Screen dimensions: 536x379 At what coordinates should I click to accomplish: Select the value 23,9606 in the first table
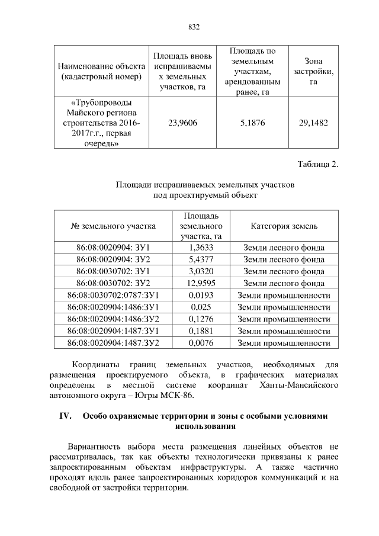click(182, 123)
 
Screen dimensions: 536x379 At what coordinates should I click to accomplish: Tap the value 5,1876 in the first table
click(252, 123)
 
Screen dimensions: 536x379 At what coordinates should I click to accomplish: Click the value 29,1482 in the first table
click(313, 123)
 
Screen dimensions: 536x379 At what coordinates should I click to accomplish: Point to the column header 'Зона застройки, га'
click(313, 71)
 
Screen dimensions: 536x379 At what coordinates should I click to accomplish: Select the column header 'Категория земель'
click(284, 226)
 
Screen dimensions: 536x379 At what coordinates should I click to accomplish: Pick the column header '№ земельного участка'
click(113, 226)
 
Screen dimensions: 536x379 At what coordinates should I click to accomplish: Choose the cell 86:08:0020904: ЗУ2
click(113, 259)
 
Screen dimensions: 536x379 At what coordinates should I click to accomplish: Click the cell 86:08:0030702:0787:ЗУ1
click(113, 295)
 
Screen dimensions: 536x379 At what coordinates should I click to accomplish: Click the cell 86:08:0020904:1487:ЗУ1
click(113, 330)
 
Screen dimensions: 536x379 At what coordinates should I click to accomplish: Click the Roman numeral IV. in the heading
click(65, 416)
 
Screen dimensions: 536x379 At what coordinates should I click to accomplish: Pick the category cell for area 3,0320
click(284, 271)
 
